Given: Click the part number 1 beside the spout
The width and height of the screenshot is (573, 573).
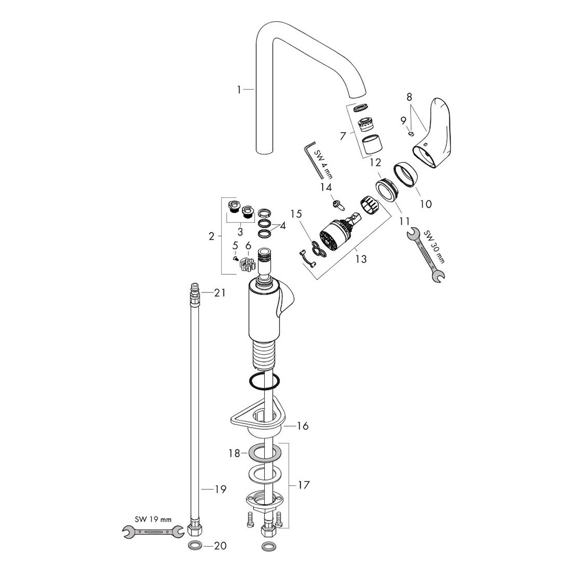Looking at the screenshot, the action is coord(239,90).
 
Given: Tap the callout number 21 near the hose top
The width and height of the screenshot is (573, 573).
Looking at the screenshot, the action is coord(220,293).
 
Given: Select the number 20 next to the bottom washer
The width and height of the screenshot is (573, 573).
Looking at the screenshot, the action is coord(220,546).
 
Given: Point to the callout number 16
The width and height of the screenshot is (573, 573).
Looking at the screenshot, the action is coord(302,426).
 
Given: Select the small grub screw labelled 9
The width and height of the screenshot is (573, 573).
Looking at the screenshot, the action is coord(411,134).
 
